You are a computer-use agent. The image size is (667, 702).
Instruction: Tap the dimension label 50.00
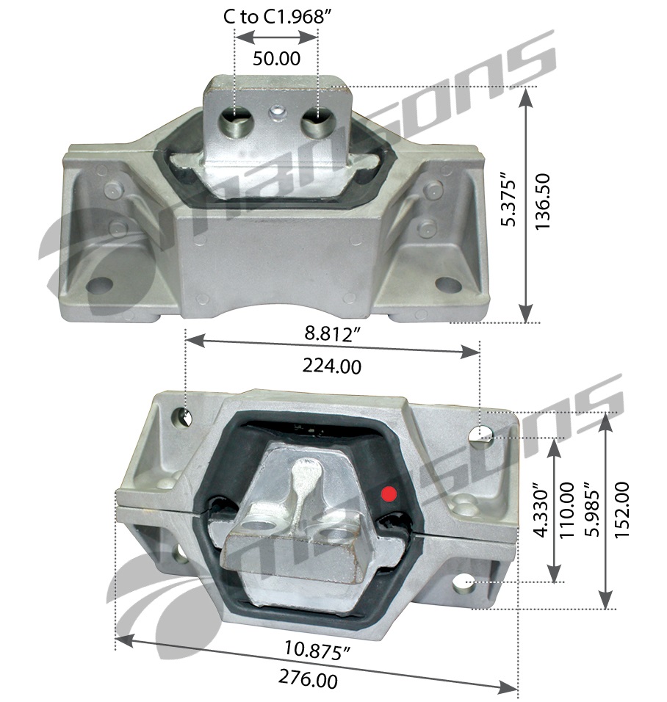point(276,59)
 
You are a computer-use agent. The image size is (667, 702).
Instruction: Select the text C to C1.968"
point(274,17)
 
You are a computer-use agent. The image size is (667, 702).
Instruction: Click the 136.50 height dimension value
point(544,203)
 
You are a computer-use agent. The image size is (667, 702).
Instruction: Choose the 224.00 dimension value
point(332,364)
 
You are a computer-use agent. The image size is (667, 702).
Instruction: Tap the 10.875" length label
point(317,651)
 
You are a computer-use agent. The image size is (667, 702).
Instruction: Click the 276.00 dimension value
point(309,679)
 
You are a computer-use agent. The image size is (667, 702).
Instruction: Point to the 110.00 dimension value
point(566,510)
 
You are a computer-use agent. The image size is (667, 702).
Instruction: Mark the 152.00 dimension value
point(621,510)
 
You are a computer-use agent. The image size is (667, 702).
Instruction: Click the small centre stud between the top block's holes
point(278,112)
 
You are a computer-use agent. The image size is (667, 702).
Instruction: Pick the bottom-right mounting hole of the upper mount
point(444,283)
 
